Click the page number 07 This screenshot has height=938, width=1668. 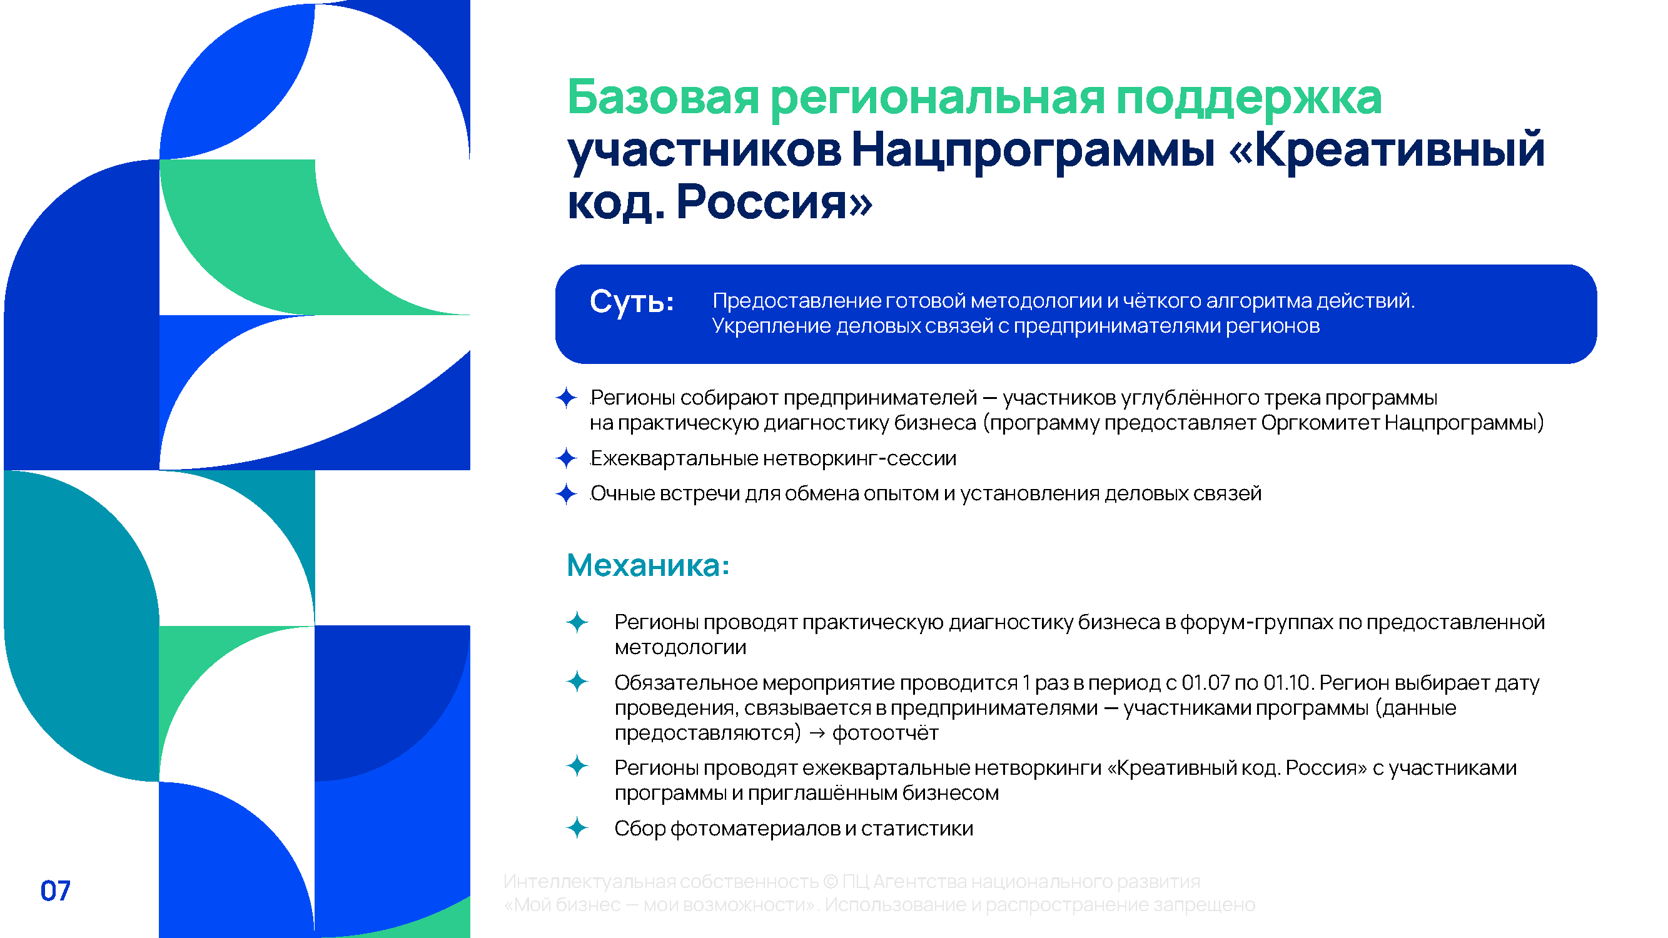tap(55, 890)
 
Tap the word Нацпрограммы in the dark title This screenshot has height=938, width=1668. tap(1033, 150)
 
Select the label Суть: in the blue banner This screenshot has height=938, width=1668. tap(631, 301)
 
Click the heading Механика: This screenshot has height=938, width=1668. tap(648, 565)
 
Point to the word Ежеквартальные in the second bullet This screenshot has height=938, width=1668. tap(674, 458)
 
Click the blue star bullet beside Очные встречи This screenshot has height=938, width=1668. tap(567, 494)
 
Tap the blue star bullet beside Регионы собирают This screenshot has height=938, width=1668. tap(567, 398)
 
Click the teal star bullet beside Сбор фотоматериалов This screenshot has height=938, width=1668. tap(577, 827)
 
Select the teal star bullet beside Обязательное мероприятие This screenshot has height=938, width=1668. tap(577, 682)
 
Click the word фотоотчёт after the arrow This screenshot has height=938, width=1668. tap(885, 734)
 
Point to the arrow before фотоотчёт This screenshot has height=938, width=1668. tap(817, 734)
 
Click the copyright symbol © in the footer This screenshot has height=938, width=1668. tap(830, 882)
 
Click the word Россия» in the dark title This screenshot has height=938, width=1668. tap(774, 202)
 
